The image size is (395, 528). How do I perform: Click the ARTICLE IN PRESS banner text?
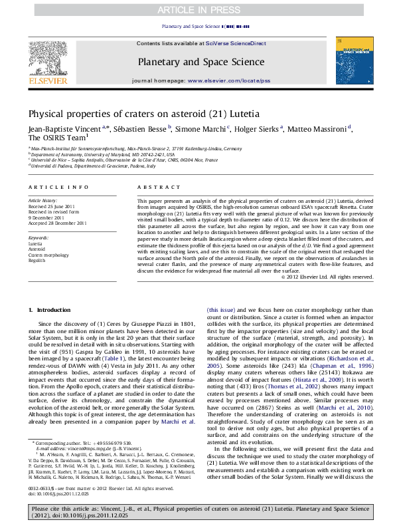[197, 10]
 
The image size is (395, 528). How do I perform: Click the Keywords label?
[38, 237]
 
